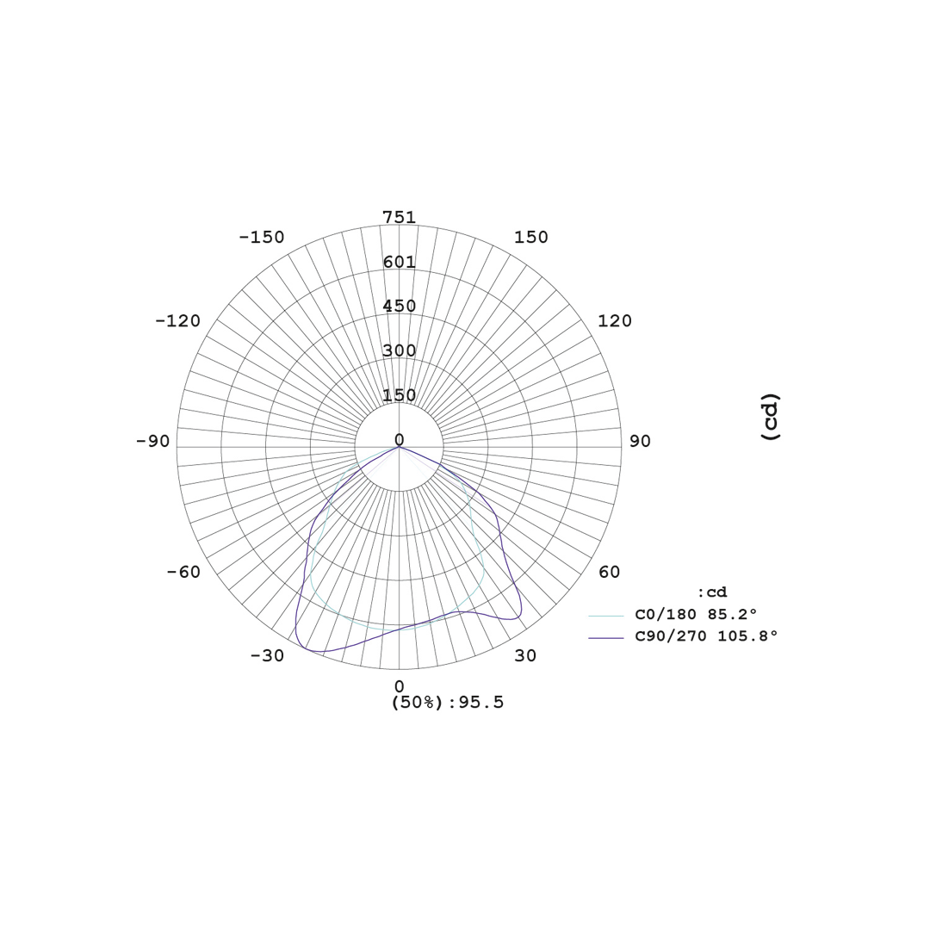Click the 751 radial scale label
coord(400,218)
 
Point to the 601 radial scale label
coord(400,262)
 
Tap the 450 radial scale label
coord(400,306)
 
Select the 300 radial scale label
coord(400,350)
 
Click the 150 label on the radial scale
coord(400,395)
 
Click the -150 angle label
coord(262,238)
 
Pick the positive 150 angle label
coord(530,238)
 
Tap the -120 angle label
coord(178,321)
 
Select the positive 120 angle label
coord(615,321)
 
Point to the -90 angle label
coord(153,441)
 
